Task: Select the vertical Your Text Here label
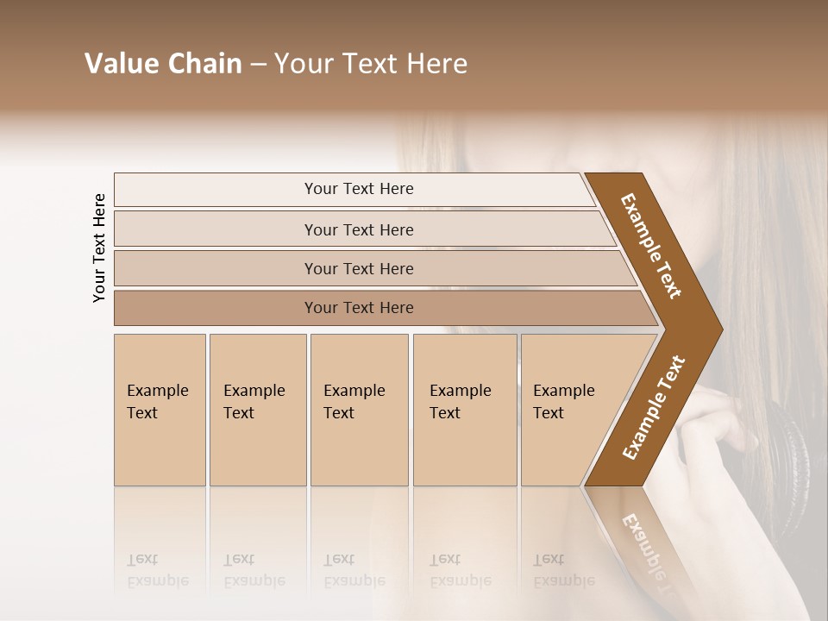[x=100, y=248]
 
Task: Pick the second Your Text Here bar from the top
[x=359, y=229]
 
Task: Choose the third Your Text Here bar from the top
[x=359, y=268]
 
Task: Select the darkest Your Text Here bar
[x=359, y=308]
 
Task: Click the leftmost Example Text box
[x=160, y=410]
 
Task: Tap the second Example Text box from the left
[x=258, y=410]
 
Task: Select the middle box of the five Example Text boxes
[x=359, y=410]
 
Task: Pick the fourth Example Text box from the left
[x=465, y=410]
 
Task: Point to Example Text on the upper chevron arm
[x=651, y=246]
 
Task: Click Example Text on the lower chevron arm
[x=653, y=408]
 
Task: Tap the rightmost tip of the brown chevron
[x=720, y=329]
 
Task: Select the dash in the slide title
[x=258, y=65]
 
